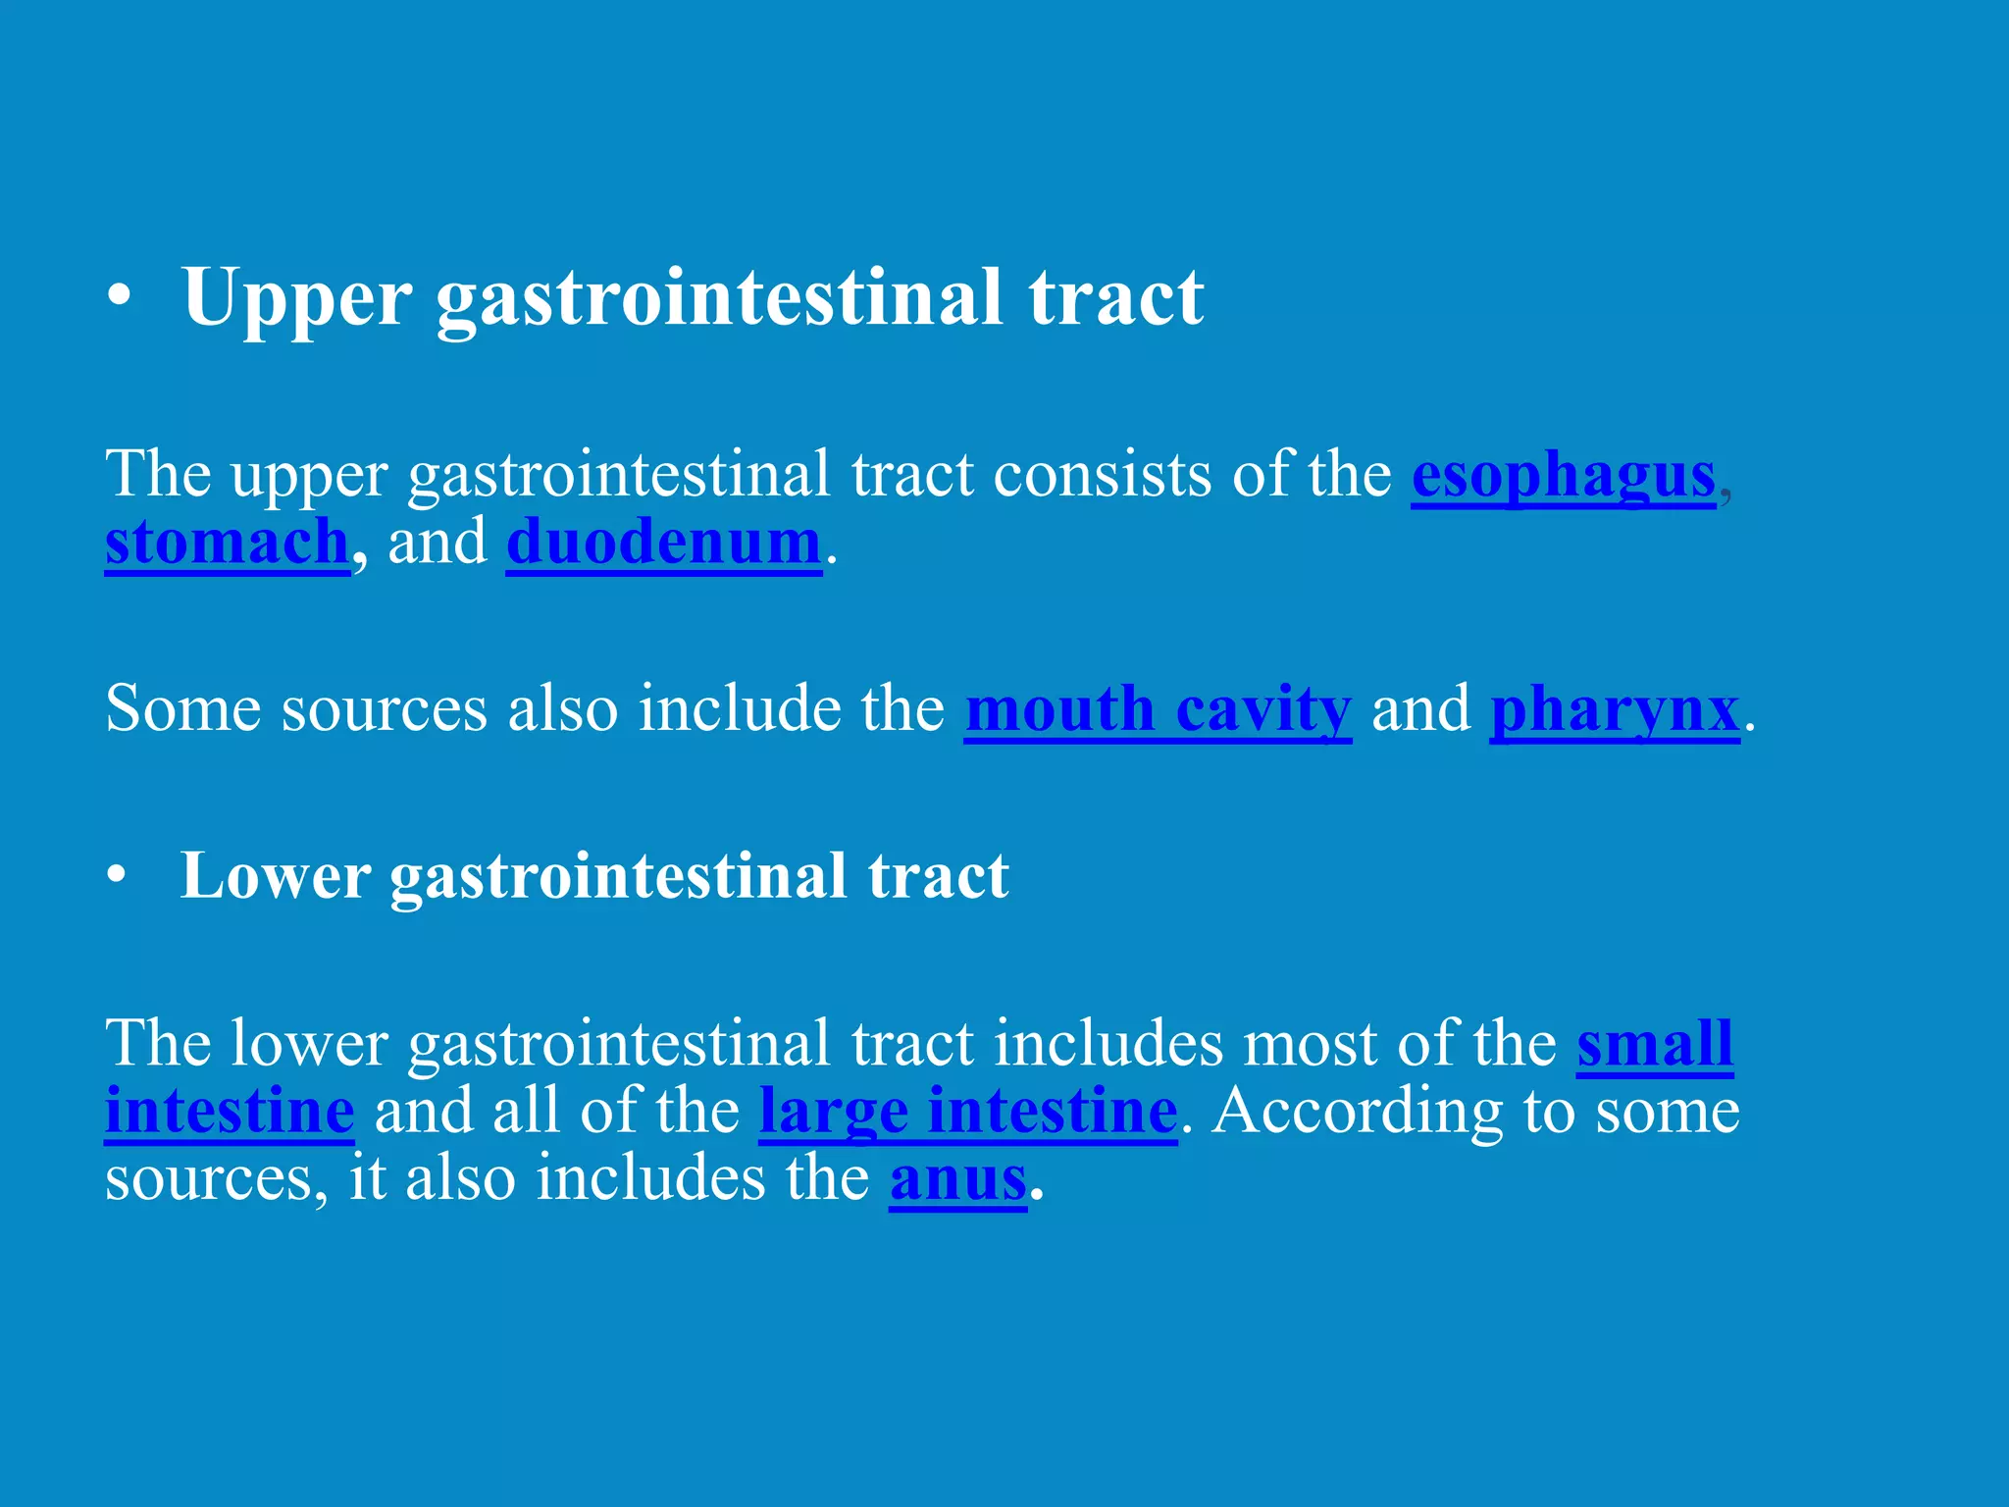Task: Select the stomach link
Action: [x=227, y=543]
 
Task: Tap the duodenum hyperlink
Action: [x=663, y=543]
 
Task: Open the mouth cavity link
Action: [x=1158, y=709]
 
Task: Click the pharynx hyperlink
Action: [x=1614, y=709]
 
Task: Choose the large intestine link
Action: [x=967, y=1112]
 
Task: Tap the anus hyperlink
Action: [x=957, y=1179]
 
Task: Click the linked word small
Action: [x=1655, y=1044]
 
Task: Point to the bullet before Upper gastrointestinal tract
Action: [x=120, y=297]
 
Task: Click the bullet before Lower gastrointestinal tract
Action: [x=118, y=876]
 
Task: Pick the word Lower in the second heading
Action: [x=276, y=876]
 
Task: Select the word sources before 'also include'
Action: [x=384, y=709]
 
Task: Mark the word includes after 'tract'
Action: [x=1108, y=1044]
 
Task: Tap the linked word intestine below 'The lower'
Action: [x=230, y=1112]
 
